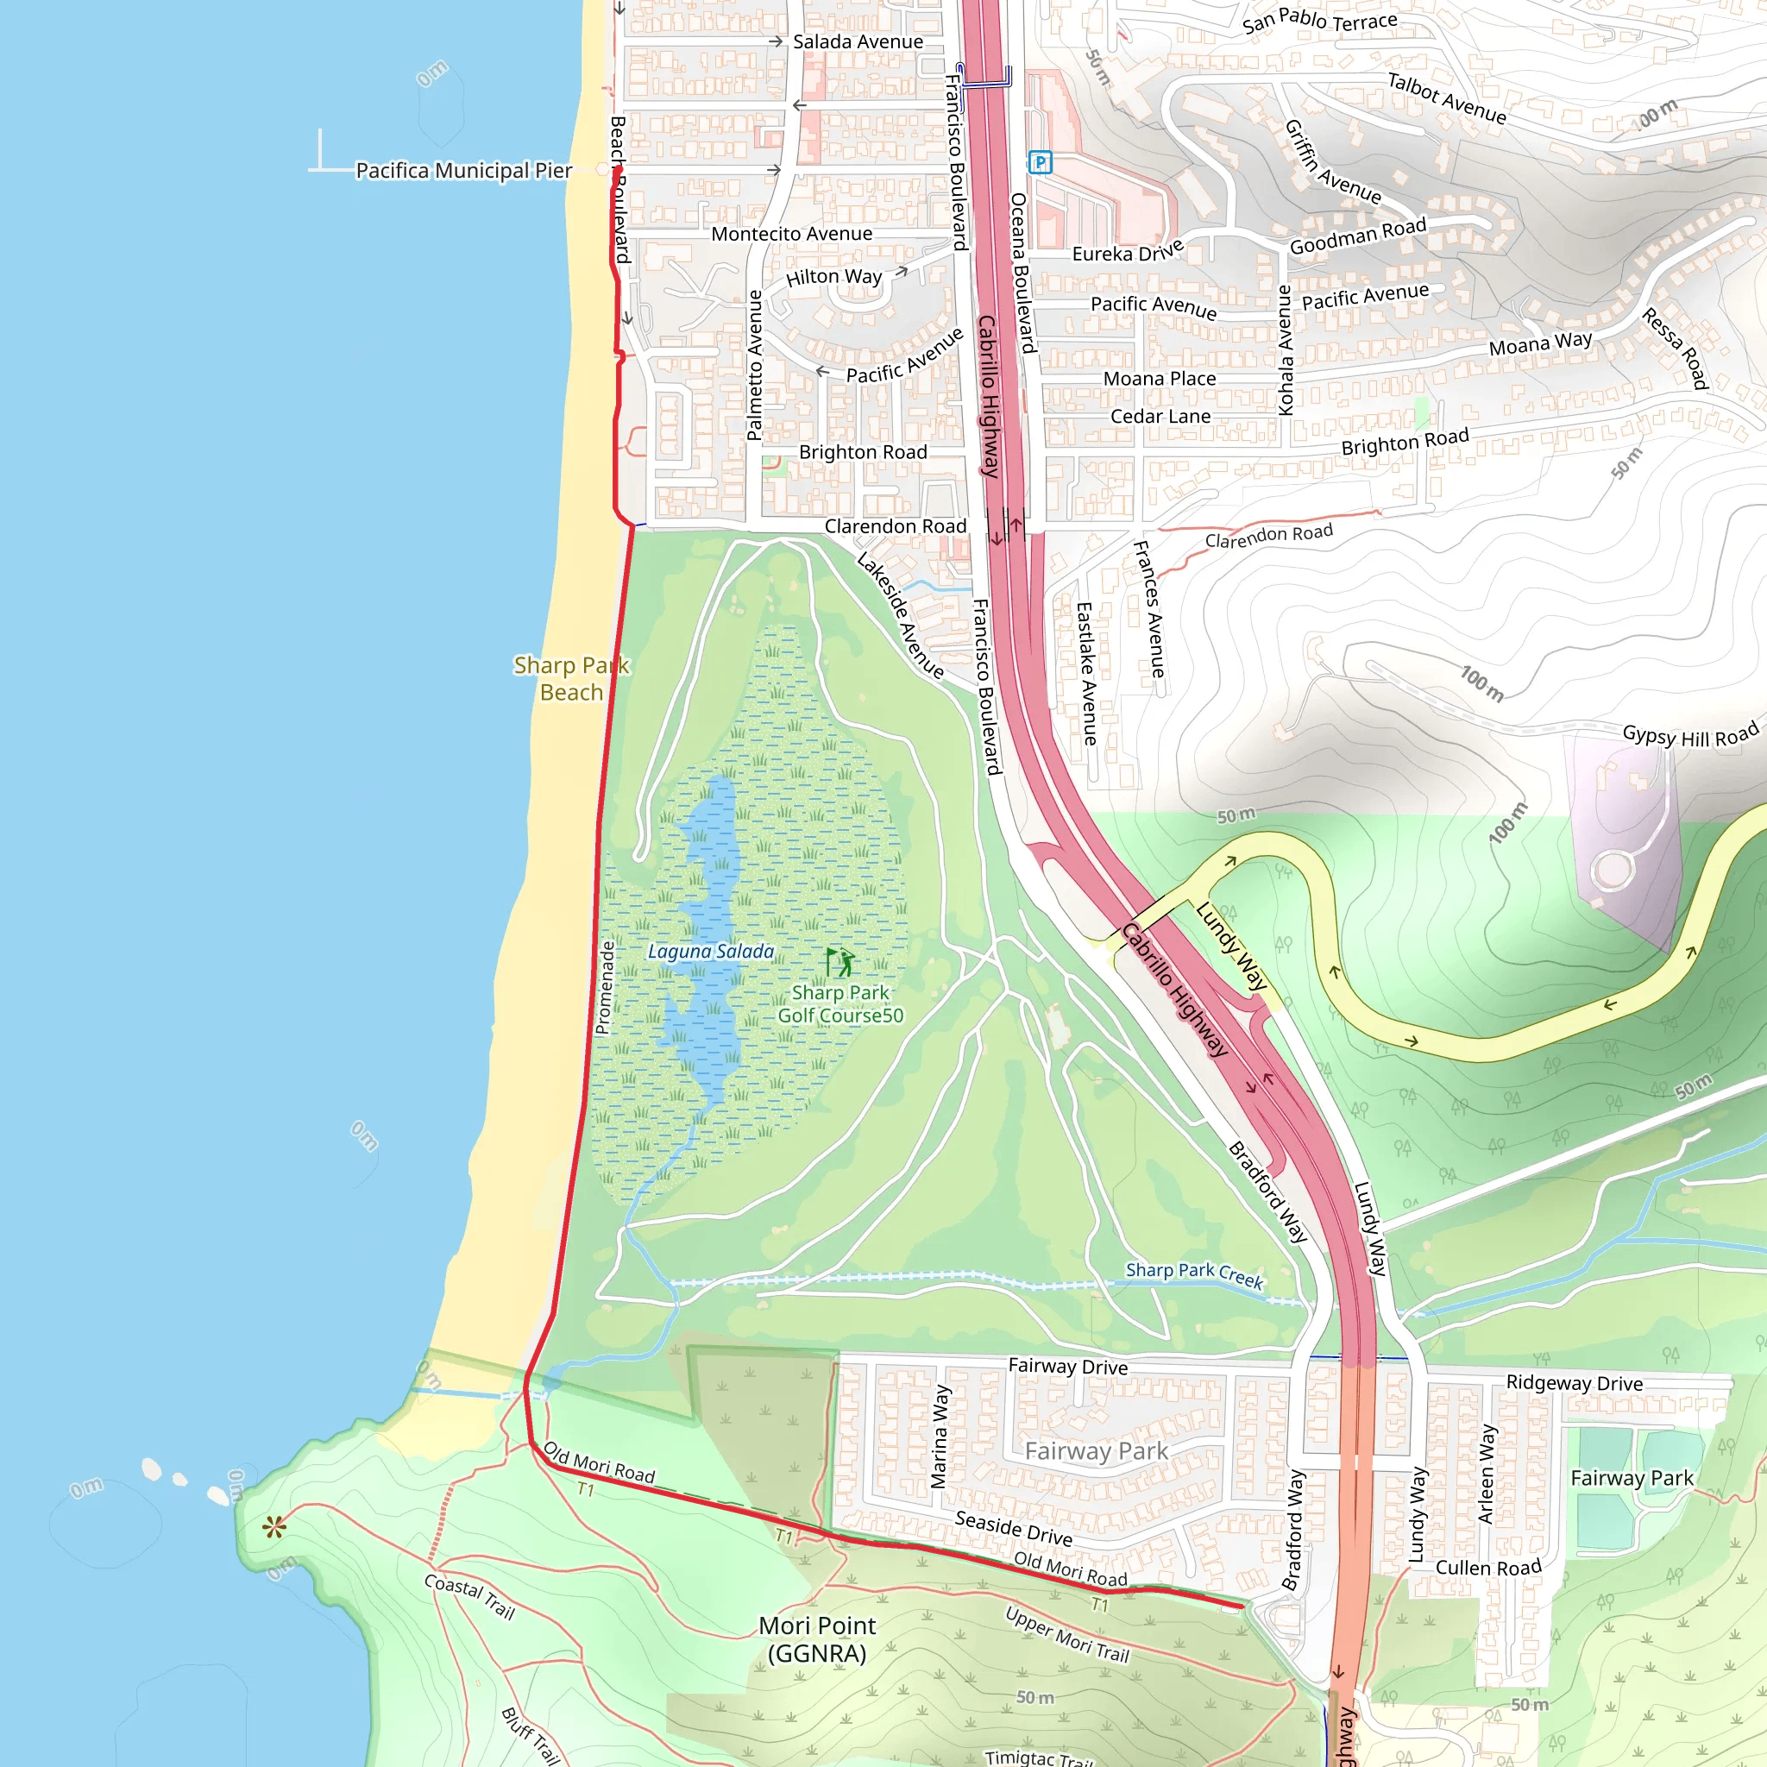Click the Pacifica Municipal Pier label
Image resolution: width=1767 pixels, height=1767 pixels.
(463, 170)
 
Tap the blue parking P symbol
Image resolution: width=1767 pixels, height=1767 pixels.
(1040, 163)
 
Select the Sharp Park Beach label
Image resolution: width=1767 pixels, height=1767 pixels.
(572, 679)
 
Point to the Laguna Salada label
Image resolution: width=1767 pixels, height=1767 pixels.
(711, 951)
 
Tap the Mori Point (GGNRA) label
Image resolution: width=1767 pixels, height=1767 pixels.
(817, 1639)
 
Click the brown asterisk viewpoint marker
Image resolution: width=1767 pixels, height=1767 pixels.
(274, 1526)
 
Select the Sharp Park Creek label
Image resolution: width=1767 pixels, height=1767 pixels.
(1193, 1274)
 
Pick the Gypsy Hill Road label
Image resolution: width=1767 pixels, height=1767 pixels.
(1690, 734)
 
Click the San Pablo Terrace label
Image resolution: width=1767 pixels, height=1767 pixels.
(1319, 20)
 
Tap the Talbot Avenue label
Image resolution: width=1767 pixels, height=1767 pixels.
(1446, 97)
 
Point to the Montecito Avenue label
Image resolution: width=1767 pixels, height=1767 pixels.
(791, 234)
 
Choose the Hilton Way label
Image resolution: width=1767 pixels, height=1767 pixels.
(833, 276)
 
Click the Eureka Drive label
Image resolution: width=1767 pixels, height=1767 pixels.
(1128, 252)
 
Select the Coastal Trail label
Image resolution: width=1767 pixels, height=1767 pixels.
(469, 1596)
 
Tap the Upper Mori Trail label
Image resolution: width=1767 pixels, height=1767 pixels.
(1066, 1635)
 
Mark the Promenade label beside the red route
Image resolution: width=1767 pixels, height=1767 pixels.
(605, 988)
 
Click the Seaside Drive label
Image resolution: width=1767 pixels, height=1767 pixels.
(1014, 1527)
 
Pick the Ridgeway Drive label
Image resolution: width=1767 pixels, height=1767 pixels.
(1574, 1383)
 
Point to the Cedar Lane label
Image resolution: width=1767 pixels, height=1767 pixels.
(1160, 417)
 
